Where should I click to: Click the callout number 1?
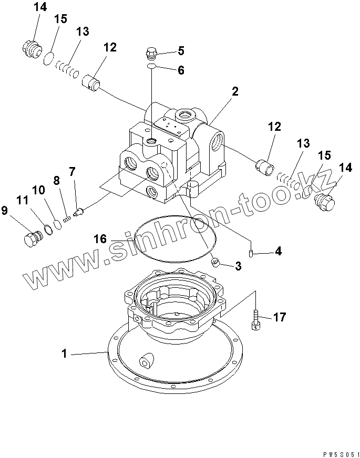point(64,354)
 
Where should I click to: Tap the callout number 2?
point(234,92)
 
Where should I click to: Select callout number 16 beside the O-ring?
point(100,239)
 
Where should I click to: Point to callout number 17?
point(279,317)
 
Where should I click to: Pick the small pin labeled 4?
point(250,253)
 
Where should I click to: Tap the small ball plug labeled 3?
point(214,262)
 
